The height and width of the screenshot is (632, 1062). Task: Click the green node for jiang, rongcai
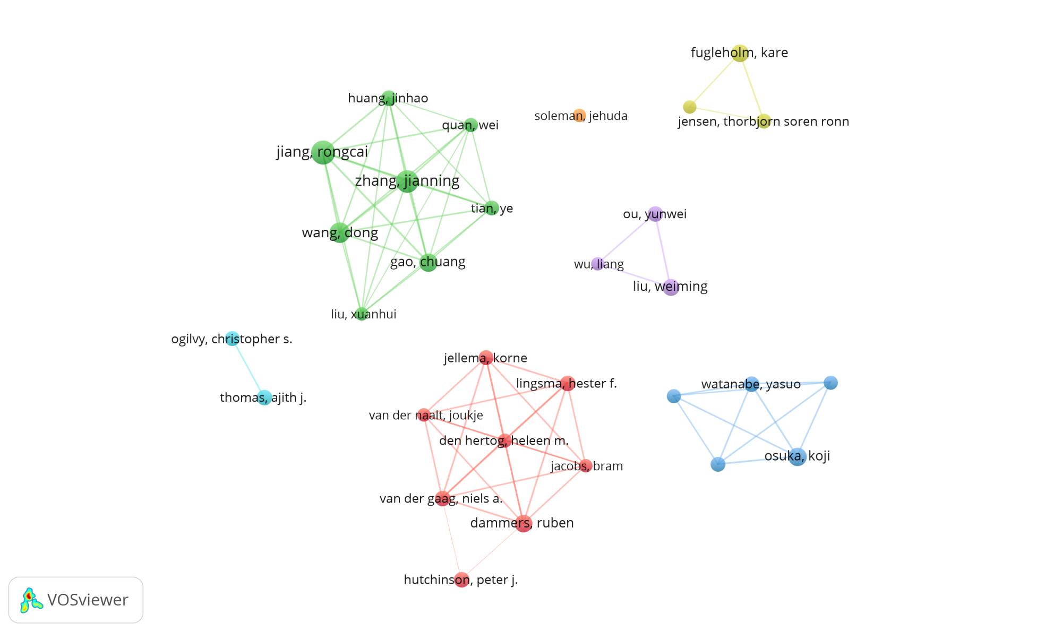(x=323, y=152)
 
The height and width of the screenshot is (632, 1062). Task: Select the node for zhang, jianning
(x=407, y=181)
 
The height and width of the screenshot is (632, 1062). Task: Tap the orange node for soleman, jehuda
(x=579, y=116)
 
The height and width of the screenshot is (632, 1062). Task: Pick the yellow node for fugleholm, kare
(x=740, y=53)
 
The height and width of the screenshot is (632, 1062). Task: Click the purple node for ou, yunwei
(x=656, y=214)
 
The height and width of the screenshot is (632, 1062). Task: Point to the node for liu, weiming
(x=671, y=287)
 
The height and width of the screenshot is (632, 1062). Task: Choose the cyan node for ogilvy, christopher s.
(x=232, y=339)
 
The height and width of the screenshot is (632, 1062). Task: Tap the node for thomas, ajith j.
(x=264, y=397)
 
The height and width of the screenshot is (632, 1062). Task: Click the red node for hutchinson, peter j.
(x=461, y=579)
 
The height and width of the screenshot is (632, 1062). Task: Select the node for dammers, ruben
(x=524, y=523)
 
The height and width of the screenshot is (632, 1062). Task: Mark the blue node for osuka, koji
(x=797, y=456)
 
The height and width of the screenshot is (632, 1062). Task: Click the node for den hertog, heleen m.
(x=504, y=440)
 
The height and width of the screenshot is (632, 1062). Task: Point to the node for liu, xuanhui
(x=362, y=314)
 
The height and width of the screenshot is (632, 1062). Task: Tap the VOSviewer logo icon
(x=31, y=600)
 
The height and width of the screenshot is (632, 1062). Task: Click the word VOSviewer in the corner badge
(x=88, y=600)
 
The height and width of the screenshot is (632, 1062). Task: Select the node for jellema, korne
(x=486, y=358)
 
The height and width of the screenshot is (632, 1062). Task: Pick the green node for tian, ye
(x=492, y=208)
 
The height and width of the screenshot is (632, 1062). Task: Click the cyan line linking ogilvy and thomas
(x=249, y=368)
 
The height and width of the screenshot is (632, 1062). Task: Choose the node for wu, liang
(x=598, y=264)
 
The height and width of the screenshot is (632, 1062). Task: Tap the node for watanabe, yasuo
(x=751, y=384)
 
